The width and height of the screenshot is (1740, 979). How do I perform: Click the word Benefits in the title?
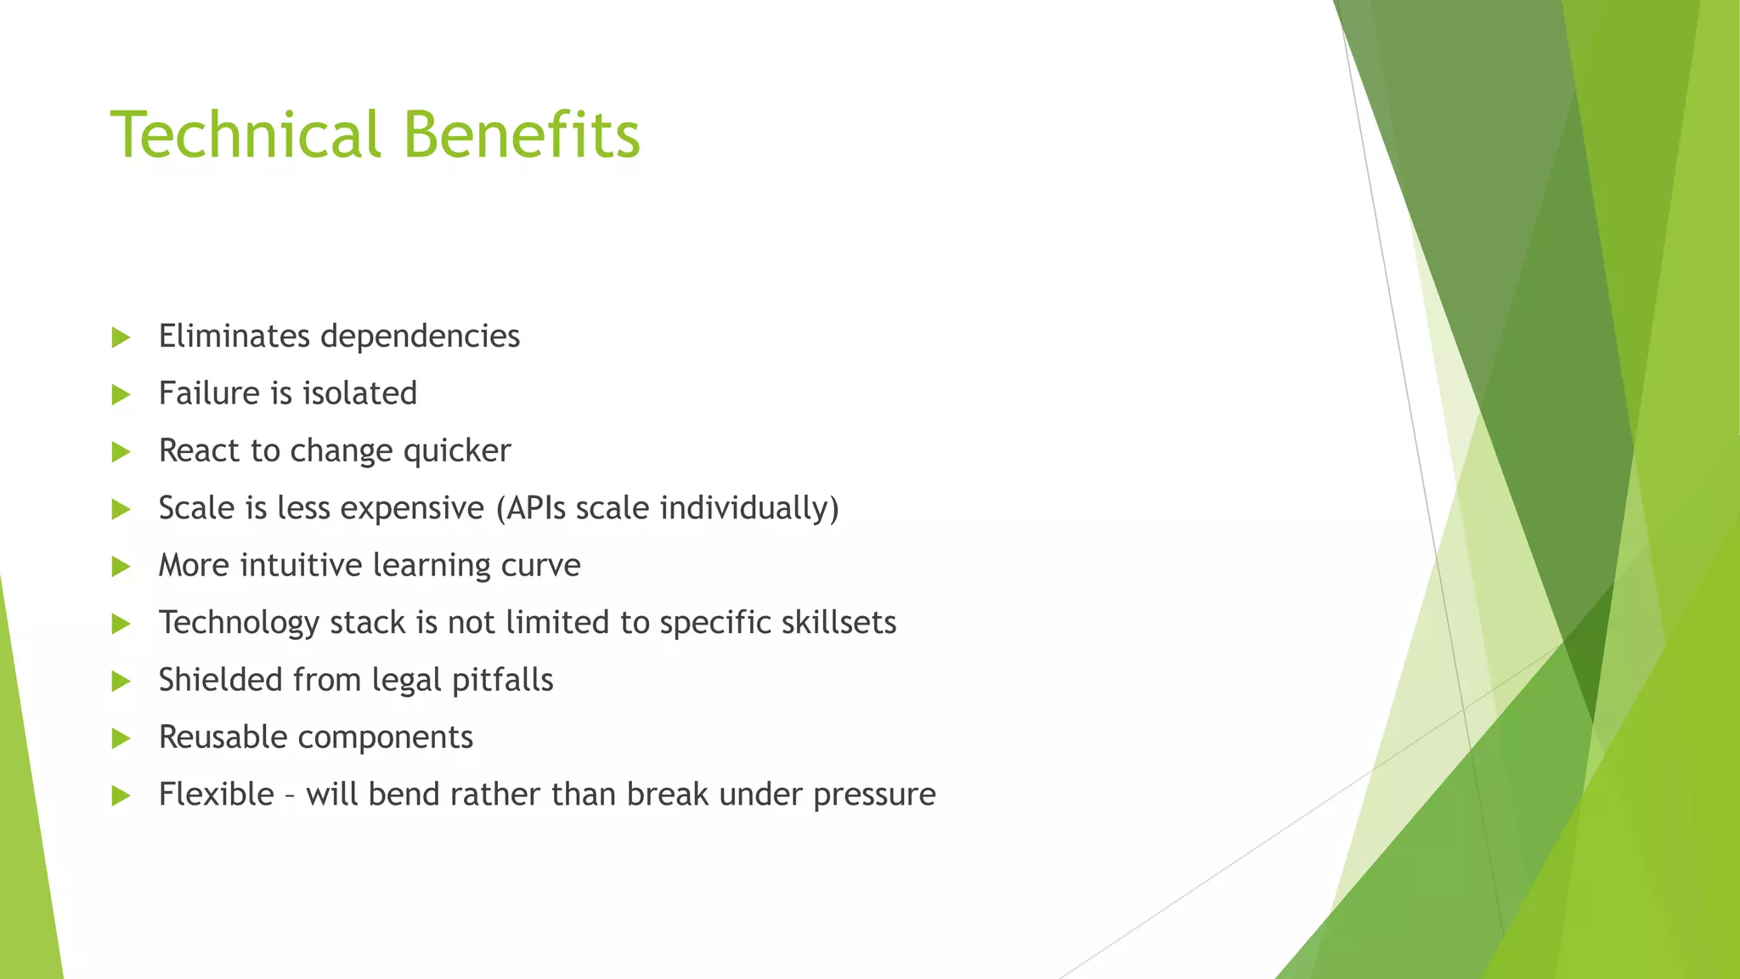point(521,135)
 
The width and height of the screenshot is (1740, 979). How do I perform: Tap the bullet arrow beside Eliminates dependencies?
point(121,337)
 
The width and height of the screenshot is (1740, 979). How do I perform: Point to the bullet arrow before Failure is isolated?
point(121,394)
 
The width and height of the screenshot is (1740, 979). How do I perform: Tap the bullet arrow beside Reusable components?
point(121,738)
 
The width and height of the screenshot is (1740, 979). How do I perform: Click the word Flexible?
point(216,795)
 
